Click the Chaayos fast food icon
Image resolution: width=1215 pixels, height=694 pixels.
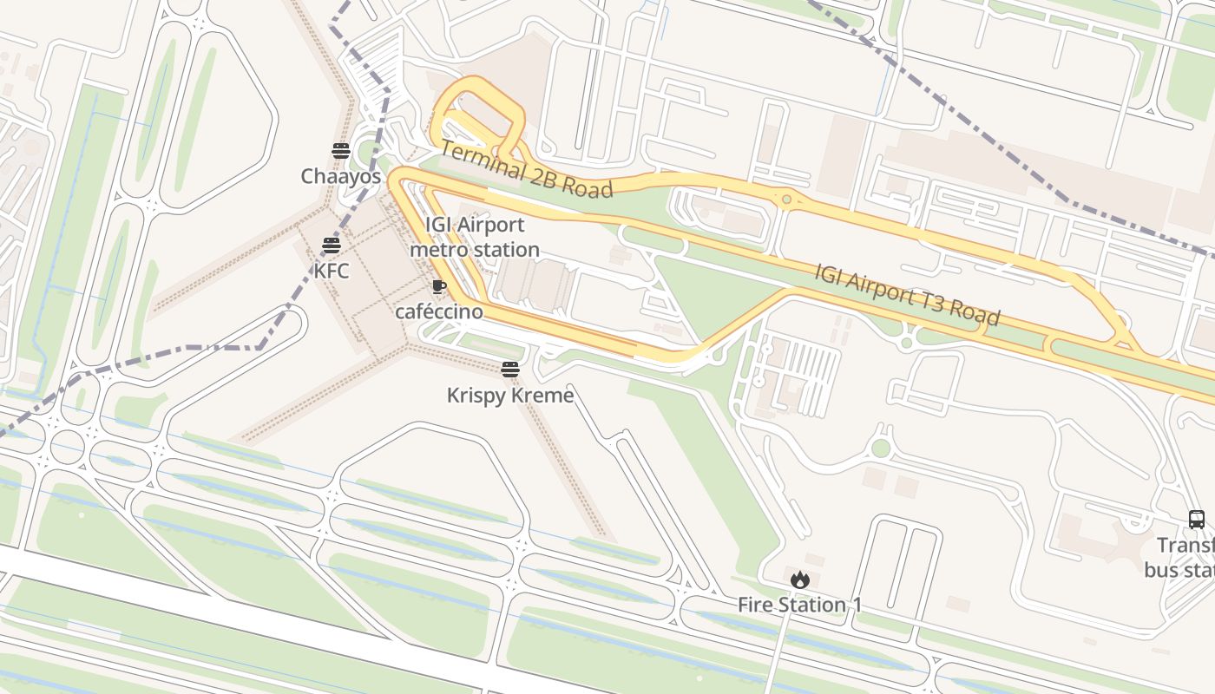coord(340,151)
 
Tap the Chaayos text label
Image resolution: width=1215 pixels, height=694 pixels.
coord(340,176)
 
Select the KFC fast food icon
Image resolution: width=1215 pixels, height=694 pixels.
coord(331,246)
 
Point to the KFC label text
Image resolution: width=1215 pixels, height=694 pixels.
coord(331,271)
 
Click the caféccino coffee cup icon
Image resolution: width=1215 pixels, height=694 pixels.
coord(438,286)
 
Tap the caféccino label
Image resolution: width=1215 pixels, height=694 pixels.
coord(438,311)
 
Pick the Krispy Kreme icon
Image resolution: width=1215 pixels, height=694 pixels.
coord(509,370)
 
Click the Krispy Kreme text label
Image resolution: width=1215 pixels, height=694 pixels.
coord(509,396)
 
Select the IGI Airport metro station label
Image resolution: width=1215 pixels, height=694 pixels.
coord(474,237)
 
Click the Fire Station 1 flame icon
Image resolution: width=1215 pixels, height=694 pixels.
coord(799,579)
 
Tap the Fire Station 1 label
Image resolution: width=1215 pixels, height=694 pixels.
coord(799,605)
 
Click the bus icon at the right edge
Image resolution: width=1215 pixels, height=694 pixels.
coord(1196,520)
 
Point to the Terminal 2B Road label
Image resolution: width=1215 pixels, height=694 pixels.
coord(526,169)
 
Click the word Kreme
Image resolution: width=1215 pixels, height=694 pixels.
coord(543,396)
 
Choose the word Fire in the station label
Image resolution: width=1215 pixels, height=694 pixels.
coord(755,605)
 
